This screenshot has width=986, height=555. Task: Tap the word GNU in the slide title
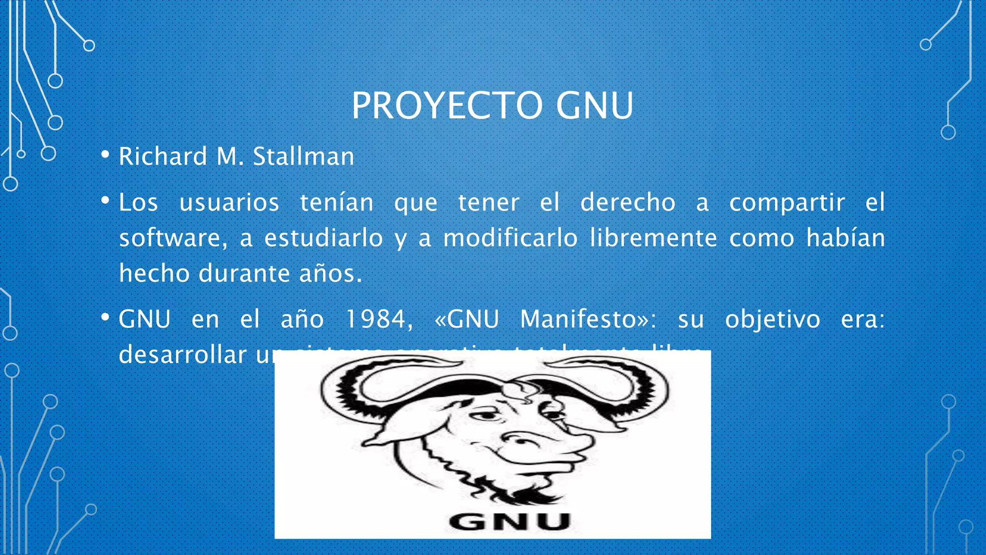pyautogui.click(x=595, y=106)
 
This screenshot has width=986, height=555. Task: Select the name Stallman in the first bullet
pyautogui.click(x=303, y=157)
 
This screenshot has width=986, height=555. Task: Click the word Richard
pyautogui.click(x=163, y=157)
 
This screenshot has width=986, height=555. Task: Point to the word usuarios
pyautogui.click(x=229, y=202)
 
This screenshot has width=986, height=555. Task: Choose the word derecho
pyautogui.click(x=628, y=202)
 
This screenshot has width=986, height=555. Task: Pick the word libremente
pyautogui.click(x=653, y=238)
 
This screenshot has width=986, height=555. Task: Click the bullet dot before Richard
pyautogui.click(x=105, y=155)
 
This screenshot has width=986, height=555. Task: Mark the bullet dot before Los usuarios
pyautogui.click(x=105, y=200)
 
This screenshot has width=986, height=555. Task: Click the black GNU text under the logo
pyautogui.click(x=509, y=522)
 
